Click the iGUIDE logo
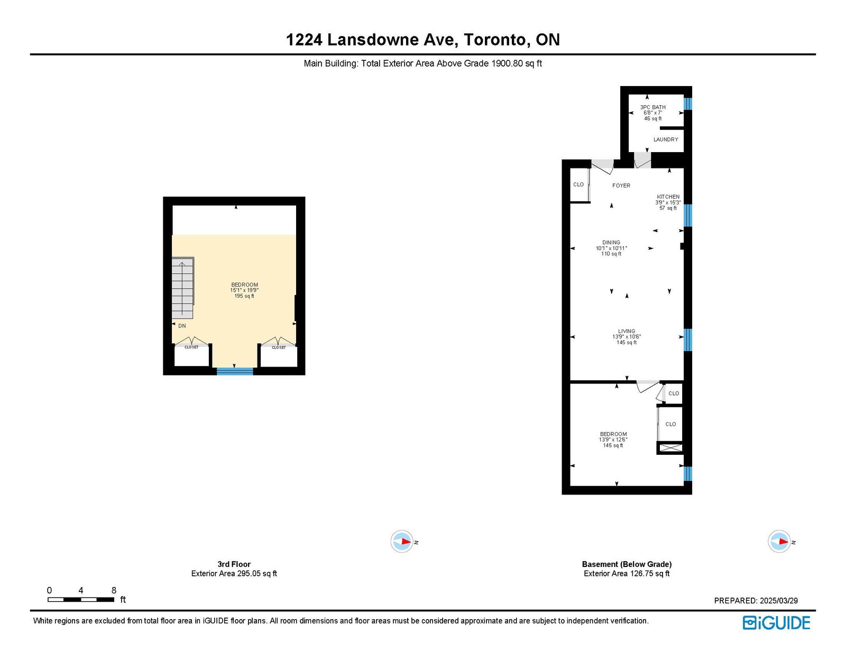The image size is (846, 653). (776, 623)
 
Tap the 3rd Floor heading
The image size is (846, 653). (234, 564)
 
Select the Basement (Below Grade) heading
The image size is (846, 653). (627, 564)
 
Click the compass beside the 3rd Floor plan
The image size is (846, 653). (402, 541)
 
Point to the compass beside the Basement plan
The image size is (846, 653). (779, 541)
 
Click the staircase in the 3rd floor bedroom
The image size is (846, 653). (182, 287)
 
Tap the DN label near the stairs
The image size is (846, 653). (182, 326)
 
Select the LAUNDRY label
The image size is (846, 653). (665, 139)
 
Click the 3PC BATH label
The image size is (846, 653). (653, 107)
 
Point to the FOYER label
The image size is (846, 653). (621, 185)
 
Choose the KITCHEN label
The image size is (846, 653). (668, 197)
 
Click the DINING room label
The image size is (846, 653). (611, 242)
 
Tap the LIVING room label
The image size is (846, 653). (627, 331)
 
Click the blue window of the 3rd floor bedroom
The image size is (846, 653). (235, 371)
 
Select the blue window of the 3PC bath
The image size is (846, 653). (688, 104)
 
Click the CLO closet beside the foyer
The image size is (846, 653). (578, 185)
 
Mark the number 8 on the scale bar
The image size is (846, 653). (114, 590)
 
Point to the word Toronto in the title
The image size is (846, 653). (494, 40)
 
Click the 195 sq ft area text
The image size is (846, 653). (244, 296)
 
